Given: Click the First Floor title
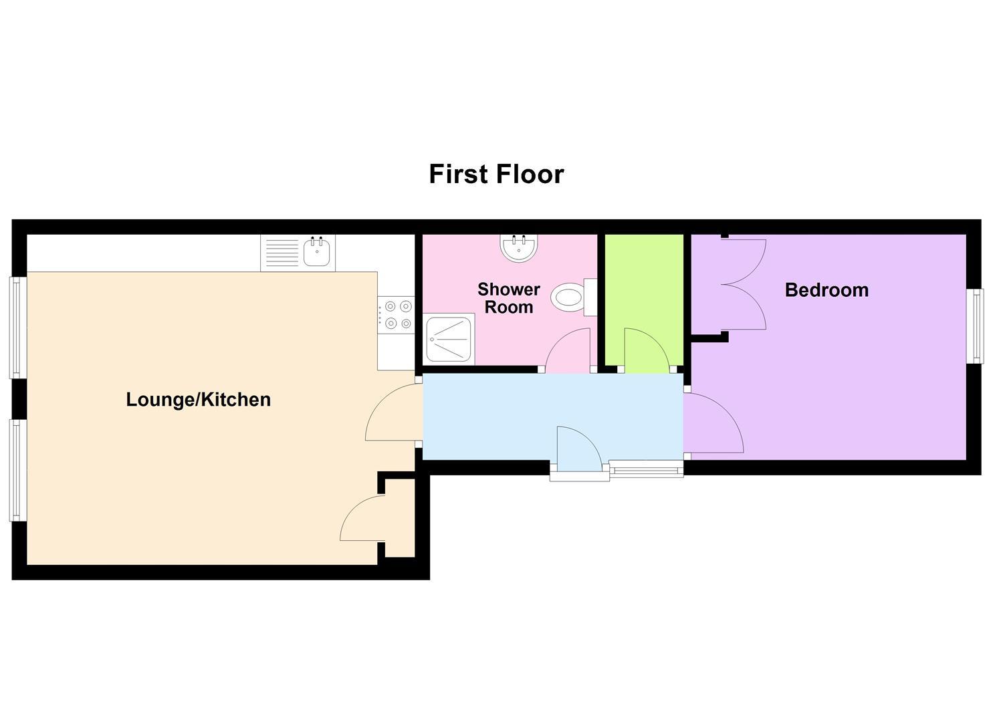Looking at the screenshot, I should (496, 174).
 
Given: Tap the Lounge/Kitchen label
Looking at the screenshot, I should (198, 400).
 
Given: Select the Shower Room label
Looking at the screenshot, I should (508, 298).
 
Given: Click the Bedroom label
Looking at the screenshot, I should (826, 290).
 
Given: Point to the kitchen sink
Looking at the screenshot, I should (317, 253).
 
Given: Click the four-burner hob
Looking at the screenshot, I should (396, 315).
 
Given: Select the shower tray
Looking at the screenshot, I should (449, 339).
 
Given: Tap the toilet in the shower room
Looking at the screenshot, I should (572, 296).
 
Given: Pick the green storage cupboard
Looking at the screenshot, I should (644, 281).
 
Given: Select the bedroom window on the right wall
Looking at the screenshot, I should (976, 326).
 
